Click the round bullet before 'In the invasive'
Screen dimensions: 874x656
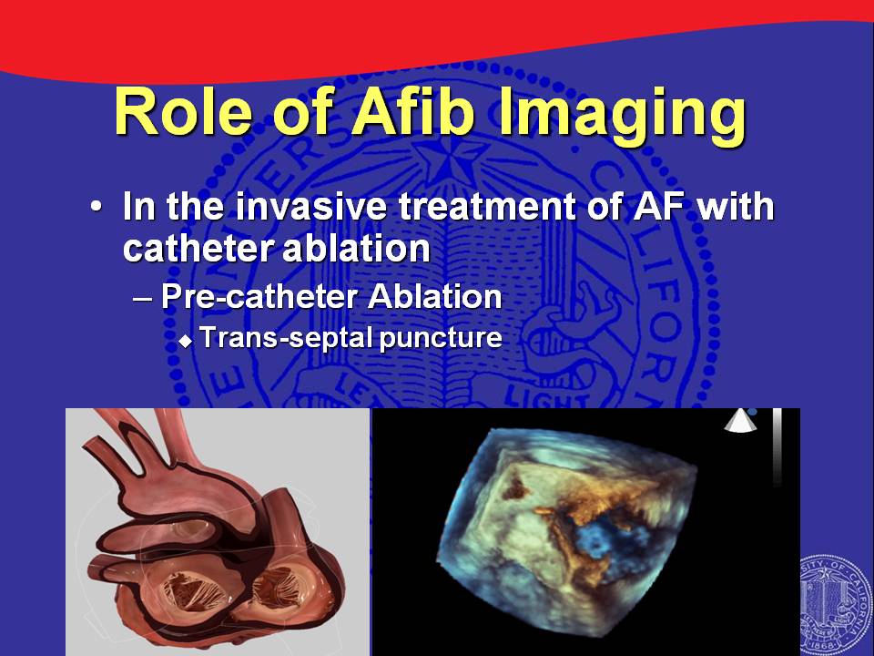(97, 207)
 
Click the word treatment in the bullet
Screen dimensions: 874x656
(488, 207)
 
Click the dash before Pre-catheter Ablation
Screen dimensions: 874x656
(142, 299)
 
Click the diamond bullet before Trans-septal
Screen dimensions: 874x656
(186, 341)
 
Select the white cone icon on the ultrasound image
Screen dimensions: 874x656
(740, 421)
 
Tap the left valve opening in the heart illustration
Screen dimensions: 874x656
(191, 593)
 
